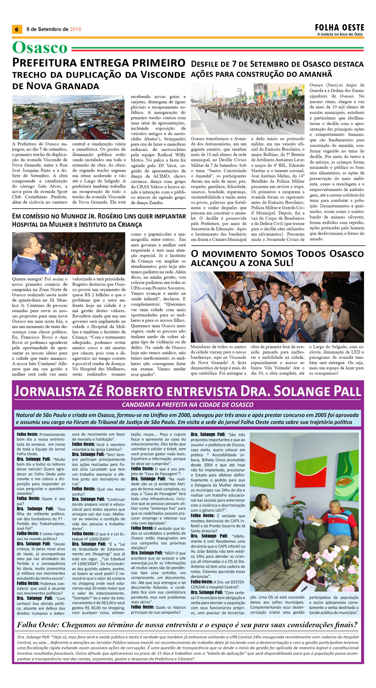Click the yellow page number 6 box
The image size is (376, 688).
click(17, 29)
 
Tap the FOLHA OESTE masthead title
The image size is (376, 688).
click(339, 27)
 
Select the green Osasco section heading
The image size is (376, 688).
click(40, 48)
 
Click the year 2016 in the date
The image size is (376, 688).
click(75, 29)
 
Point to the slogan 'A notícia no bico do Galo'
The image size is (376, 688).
click(340, 34)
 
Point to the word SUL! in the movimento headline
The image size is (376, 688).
click(284, 263)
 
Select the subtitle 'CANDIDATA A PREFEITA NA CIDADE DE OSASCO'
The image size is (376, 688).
click(187, 405)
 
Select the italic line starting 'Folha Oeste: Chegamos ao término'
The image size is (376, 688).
click(187, 625)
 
